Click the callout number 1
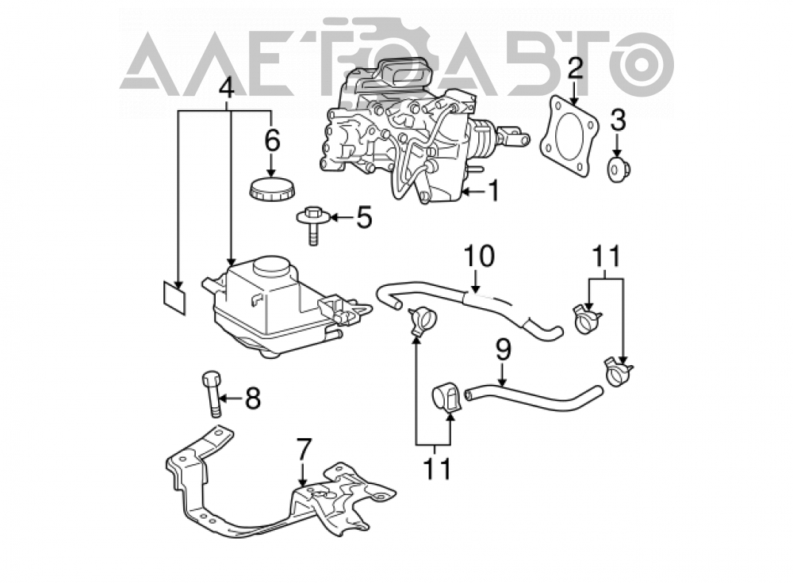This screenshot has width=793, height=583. pyautogui.click(x=492, y=191)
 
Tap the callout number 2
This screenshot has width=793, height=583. pyautogui.click(x=574, y=68)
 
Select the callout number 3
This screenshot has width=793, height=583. pyautogui.click(x=618, y=121)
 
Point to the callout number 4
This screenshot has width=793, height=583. pyautogui.click(x=226, y=89)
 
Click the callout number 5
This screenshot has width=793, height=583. pyautogui.click(x=364, y=217)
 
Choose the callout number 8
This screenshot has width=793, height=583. pyautogui.click(x=252, y=398)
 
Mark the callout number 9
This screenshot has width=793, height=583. pyautogui.click(x=504, y=350)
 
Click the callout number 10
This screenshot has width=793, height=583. pyautogui.click(x=479, y=256)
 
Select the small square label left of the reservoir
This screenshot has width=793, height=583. pyautogui.click(x=174, y=299)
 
